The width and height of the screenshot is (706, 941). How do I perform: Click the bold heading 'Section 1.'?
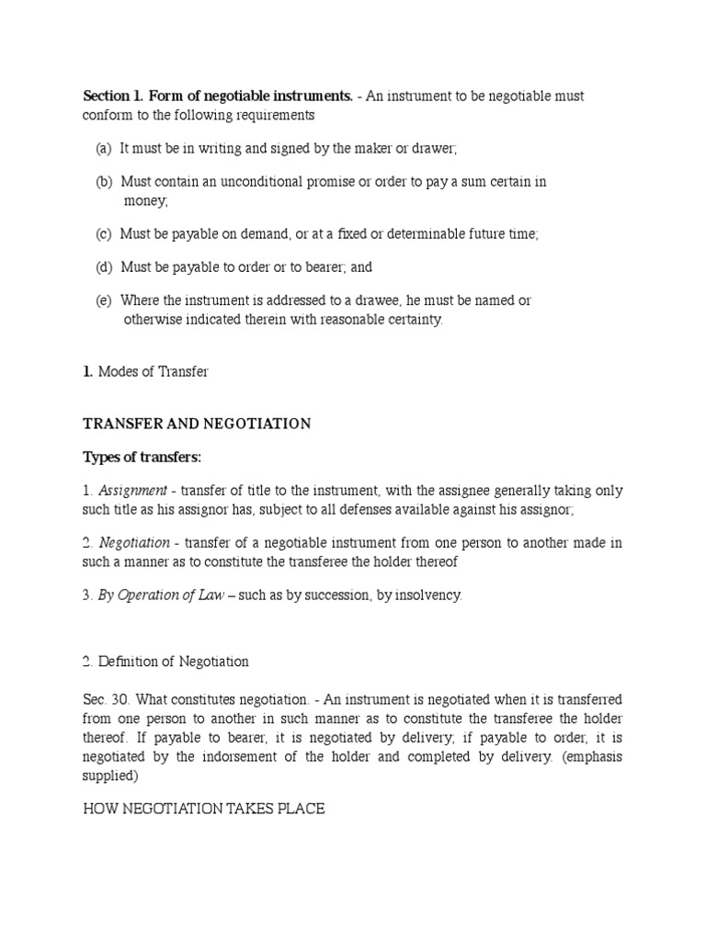113,96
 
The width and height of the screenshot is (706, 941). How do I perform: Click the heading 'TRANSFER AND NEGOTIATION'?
197,424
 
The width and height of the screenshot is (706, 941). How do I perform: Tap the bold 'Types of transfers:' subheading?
142,458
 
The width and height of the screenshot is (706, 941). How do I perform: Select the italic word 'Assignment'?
132,491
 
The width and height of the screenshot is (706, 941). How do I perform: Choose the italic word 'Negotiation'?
134,542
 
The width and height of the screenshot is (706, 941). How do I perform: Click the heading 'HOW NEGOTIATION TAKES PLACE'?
203,810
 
